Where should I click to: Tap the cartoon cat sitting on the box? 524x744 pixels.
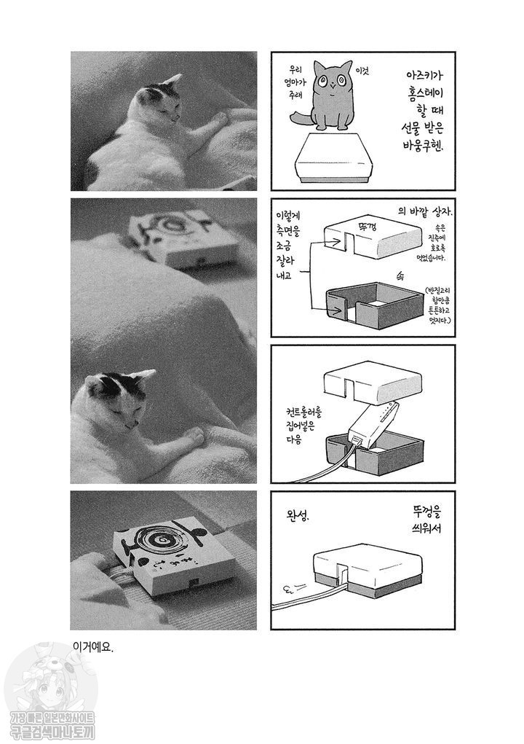pos(331,95)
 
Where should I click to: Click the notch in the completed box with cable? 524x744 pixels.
pos(341,575)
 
